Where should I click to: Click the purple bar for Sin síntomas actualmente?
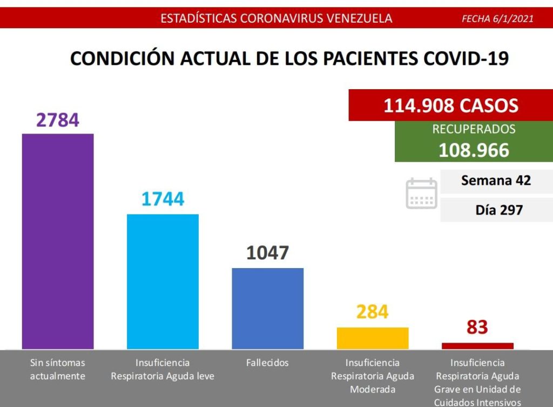57,241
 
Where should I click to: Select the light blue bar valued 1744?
163,281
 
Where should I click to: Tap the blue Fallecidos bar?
267,308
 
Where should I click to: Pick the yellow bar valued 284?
373,338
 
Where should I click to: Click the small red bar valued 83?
477,345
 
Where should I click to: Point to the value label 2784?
58,119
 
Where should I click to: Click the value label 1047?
268,252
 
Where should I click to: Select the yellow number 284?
373,312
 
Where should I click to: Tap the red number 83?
477,327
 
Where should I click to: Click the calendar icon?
421,194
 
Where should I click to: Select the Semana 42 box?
496,181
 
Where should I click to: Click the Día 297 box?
496,209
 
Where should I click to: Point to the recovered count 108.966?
474,150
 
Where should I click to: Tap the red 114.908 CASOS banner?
450,105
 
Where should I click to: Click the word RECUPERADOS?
474,130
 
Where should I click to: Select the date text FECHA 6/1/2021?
497,19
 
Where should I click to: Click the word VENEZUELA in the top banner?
359,18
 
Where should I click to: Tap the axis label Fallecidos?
267,363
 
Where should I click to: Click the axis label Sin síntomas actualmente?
57,369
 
